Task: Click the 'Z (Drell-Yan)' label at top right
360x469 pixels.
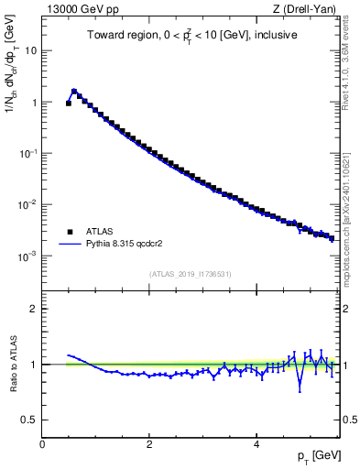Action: click(x=305, y=9)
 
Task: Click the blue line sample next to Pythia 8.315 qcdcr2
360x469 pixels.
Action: click(x=70, y=245)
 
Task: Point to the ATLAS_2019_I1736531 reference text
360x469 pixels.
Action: click(x=190, y=273)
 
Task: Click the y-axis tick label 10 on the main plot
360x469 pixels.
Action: click(x=31, y=51)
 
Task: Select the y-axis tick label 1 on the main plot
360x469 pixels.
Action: click(x=34, y=103)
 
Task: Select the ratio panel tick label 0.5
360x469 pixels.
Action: click(x=30, y=420)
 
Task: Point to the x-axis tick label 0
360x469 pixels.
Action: click(x=42, y=444)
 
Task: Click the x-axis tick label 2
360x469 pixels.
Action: click(x=149, y=444)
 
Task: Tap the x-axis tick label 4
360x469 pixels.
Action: click(x=256, y=444)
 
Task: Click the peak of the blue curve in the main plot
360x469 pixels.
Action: click(x=74, y=91)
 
